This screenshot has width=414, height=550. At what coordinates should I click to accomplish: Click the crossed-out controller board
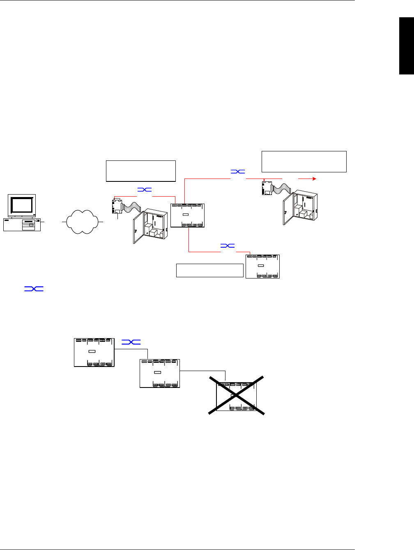point(236,397)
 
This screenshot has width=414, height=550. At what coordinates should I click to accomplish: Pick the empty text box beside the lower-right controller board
point(210,270)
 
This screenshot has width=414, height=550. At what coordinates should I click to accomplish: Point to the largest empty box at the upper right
point(304,161)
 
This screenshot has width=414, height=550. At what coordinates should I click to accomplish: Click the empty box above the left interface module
point(140,171)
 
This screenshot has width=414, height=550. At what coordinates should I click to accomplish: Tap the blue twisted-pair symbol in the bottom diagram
point(131,342)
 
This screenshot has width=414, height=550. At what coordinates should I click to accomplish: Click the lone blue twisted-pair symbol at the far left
point(34,289)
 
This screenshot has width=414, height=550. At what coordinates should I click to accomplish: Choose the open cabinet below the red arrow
point(300,208)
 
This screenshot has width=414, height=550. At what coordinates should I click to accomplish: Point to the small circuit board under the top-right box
point(268,188)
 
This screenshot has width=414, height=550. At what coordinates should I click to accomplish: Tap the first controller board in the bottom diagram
point(94,352)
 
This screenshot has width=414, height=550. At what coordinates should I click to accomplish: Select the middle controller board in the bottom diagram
point(160,373)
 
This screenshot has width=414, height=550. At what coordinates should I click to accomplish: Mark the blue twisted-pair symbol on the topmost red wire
point(238,172)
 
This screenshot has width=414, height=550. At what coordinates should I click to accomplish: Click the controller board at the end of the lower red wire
point(262,267)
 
